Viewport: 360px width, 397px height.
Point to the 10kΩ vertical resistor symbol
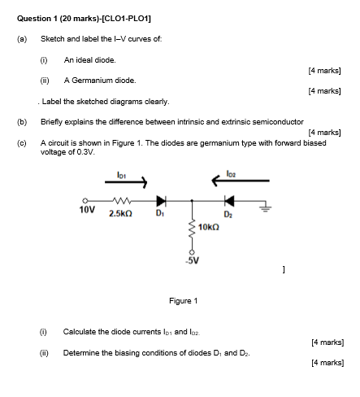click(x=192, y=228)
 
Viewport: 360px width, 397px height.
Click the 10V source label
click(x=86, y=209)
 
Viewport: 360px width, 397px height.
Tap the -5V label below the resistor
click(x=191, y=261)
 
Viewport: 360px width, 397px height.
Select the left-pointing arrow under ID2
click(x=223, y=183)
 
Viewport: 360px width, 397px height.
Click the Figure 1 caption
click(x=183, y=301)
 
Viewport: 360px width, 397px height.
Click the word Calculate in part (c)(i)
click(x=79, y=332)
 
